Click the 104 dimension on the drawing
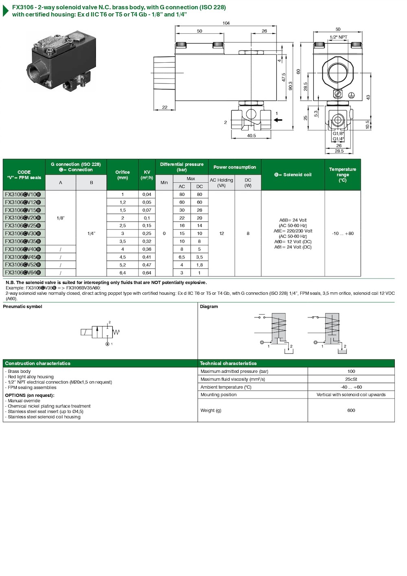pos(226,23)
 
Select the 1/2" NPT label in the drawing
pos(338,37)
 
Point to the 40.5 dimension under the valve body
pos(252,136)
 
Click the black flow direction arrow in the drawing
pos(278,120)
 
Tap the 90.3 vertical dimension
pos(291,86)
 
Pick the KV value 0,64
pos(147,273)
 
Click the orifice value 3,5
pos(123,241)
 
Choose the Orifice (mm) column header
pos(123,175)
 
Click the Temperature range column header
pos(342,175)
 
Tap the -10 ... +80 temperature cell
pos(342,234)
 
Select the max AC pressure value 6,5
pos(182,257)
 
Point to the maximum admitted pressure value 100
pos(351,371)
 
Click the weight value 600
pos(351,410)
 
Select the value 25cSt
pos(351,379)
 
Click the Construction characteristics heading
pos(38,364)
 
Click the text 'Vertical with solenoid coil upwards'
pos(351,395)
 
